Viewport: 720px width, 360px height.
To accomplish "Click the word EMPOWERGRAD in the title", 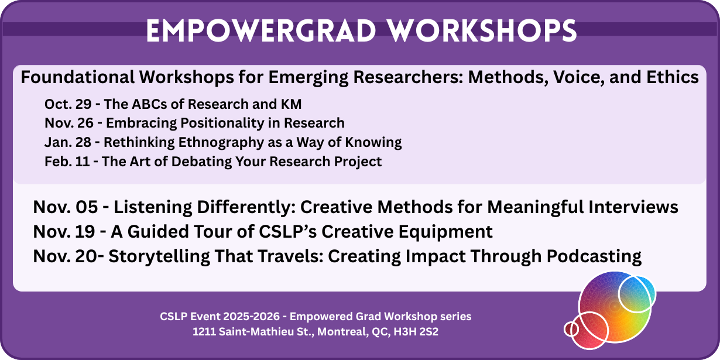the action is coord(261,30).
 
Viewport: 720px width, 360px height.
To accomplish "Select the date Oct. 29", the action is coord(68,104).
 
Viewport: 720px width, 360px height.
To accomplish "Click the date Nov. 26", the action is coord(69,123).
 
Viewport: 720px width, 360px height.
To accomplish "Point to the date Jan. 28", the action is coord(68,142).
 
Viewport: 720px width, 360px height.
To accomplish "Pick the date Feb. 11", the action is coord(67,162).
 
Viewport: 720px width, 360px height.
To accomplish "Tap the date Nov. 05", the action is coord(65,207).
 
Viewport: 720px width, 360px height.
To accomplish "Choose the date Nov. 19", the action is coord(64,231).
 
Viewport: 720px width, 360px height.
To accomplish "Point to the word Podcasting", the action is coord(594,257).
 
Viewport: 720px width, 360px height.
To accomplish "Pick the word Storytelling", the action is coord(159,257).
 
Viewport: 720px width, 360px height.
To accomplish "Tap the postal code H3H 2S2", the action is coord(416,332).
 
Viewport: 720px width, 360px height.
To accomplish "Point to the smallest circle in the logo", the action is coord(571,329).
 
